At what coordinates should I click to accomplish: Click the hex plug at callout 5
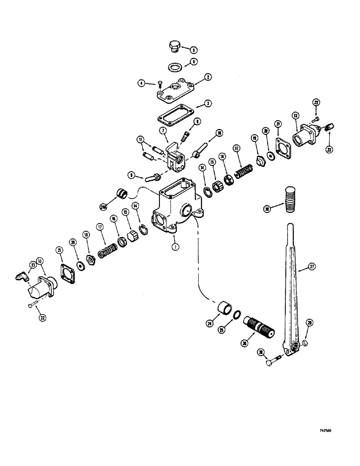(x=173, y=48)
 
